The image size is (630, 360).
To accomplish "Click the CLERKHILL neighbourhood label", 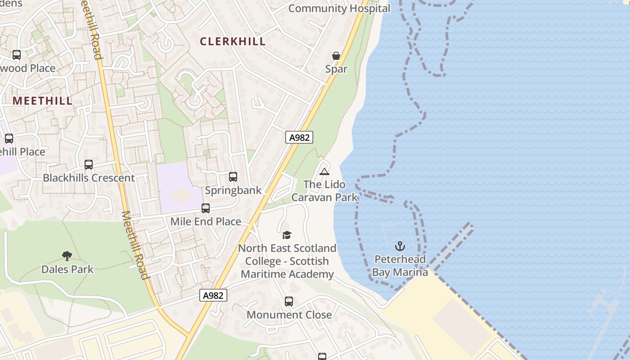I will (x=233, y=41).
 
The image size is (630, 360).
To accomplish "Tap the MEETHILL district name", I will (x=42, y=100).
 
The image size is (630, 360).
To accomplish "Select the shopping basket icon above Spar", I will (x=336, y=56).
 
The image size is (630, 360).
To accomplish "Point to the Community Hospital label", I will (x=339, y=9).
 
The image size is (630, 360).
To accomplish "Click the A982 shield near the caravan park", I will (x=299, y=137).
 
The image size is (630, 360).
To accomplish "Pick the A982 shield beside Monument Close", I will (x=213, y=295).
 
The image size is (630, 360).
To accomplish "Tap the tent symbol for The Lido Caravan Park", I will (x=324, y=171).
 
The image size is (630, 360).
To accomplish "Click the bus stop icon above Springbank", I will (x=233, y=177).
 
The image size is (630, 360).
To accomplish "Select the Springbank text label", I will (x=233, y=190).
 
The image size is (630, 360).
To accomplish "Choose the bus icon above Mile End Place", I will (x=206, y=208).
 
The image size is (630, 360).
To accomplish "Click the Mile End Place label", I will (x=206, y=221).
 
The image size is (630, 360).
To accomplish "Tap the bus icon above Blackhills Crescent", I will (x=89, y=165).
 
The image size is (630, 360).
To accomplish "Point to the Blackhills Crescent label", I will (x=89, y=178).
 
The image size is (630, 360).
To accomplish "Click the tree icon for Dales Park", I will (x=67, y=256).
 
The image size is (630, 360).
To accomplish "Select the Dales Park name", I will (x=67, y=269).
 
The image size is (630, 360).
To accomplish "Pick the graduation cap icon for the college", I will (x=287, y=235).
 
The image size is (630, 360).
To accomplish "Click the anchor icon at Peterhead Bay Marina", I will (x=400, y=246).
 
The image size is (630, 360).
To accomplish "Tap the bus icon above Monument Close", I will (x=289, y=301).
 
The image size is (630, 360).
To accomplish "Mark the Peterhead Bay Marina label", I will (x=400, y=266).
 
